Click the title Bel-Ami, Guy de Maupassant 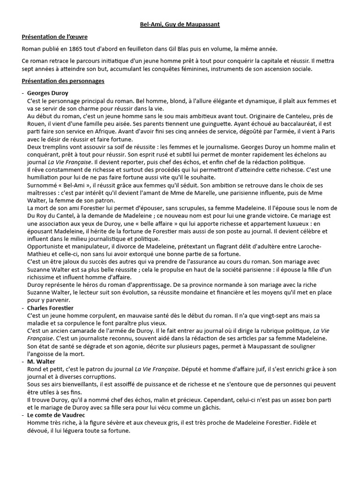coord(180,24)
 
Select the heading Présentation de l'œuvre coord(55,37)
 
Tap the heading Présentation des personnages coord(63,81)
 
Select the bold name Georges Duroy coord(48,93)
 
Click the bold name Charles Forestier coord(51,307)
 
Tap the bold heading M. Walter coord(41,361)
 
